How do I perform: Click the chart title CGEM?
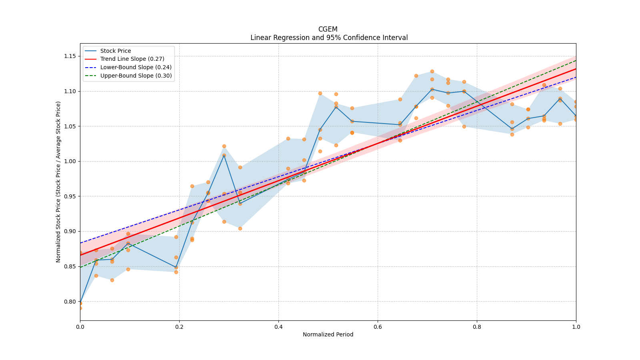(328, 29)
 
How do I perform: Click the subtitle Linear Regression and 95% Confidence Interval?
(329, 38)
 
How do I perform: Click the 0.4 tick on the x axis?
(278, 326)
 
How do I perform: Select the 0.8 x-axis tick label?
(477, 326)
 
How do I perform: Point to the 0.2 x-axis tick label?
(179, 326)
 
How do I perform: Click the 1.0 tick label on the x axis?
(576, 326)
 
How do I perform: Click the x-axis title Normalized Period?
(328, 334)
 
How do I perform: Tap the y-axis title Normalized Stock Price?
(58, 182)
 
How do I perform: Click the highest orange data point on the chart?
(432, 72)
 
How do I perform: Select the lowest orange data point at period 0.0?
(80, 308)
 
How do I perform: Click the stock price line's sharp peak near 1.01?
(224, 156)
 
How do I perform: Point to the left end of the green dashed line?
(80, 268)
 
